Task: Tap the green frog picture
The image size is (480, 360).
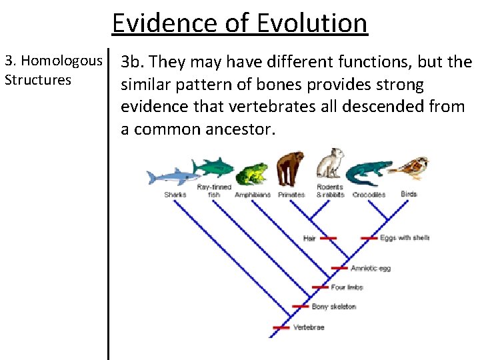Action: point(252,175)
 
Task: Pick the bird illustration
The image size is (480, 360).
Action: point(409,169)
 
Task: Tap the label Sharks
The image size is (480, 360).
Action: point(175,195)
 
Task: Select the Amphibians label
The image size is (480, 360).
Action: point(253,195)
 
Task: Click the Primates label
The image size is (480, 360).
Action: point(291,195)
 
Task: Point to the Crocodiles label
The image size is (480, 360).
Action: point(369,195)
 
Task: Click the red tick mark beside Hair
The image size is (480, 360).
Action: point(328,237)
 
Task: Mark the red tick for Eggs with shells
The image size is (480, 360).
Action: point(369,237)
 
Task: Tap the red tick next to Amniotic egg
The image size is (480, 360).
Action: point(339,268)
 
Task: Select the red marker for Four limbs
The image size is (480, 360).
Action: point(321,288)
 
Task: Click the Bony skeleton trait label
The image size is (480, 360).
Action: point(333,307)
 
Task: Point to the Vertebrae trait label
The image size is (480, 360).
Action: point(309,327)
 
